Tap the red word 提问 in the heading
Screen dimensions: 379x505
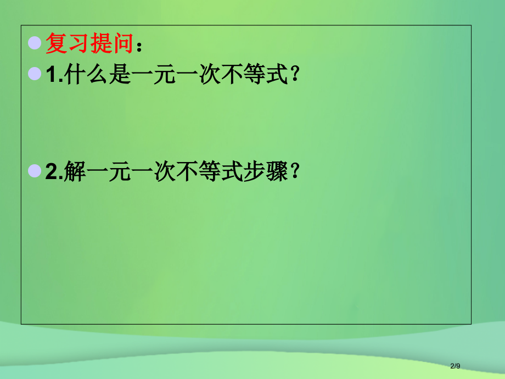[111, 43]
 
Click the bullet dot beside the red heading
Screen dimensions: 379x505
[35, 42]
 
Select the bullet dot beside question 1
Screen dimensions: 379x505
[35, 74]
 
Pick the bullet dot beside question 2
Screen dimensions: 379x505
[35, 171]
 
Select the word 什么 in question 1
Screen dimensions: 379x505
[86, 76]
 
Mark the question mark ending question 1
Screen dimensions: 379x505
[295, 76]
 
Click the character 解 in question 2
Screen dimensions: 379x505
[75, 173]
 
